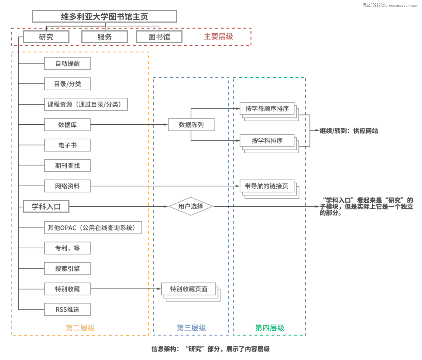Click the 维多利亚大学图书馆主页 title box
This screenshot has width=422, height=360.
104,16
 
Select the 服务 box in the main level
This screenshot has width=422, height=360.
104,37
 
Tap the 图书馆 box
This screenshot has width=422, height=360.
159,37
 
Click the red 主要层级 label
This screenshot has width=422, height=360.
218,36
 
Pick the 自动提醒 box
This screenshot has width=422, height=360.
67,63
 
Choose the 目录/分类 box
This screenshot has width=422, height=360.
67,84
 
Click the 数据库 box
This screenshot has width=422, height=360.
67,125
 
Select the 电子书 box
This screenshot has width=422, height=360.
67,145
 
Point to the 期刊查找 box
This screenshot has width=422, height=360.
67,166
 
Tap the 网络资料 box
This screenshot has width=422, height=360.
67,186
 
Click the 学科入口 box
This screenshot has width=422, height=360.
46,206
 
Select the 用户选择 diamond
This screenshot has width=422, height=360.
191,206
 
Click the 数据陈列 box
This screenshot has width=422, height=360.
191,125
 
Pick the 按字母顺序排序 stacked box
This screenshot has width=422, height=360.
267,109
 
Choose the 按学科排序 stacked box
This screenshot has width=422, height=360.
267,141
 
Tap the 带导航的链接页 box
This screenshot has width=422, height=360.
266,186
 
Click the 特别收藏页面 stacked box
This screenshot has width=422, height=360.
189,289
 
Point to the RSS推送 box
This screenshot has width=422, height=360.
67,309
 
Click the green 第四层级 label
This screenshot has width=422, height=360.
270,328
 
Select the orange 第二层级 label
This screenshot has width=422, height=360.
80,328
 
